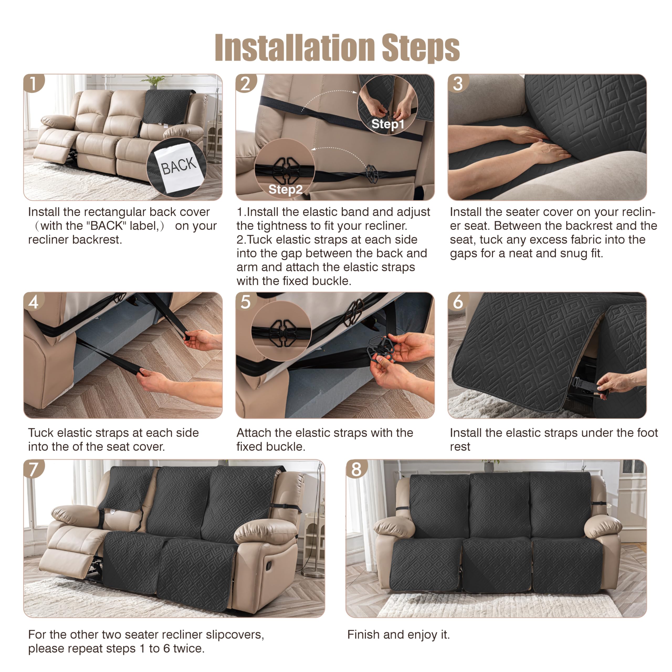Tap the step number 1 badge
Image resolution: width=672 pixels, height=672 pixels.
tap(33, 84)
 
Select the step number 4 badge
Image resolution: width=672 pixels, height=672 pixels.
tap(33, 302)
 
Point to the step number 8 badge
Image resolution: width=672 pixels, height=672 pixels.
tap(356, 469)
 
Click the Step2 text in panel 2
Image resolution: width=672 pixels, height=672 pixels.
tap(285, 190)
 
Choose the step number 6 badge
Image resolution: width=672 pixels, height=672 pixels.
tap(458, 302)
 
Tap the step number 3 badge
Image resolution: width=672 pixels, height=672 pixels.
tap(458, 84)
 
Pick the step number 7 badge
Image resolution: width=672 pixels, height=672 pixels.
tap(33, 469)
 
